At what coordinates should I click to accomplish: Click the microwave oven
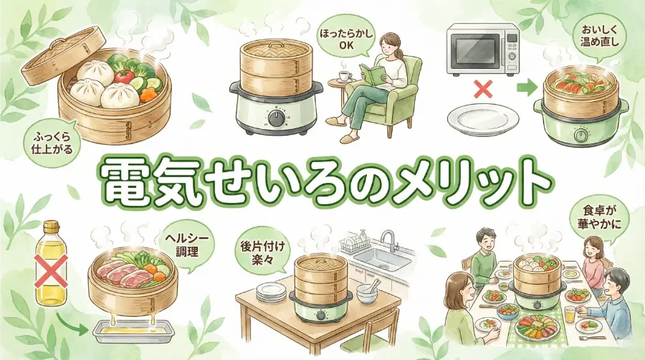tap(482, 49)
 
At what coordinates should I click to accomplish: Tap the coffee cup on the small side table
tap(343, 75)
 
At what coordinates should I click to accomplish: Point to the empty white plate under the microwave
tap(481, 118)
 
